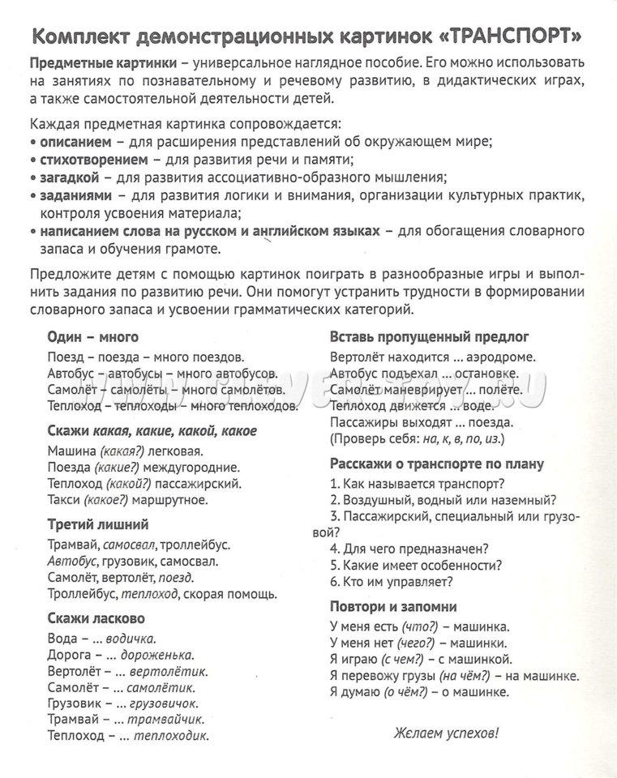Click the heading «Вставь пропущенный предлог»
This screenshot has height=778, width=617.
tap(430, 336)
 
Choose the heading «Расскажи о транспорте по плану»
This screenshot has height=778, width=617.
tap(437, 464)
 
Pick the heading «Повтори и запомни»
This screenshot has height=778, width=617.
tap(393, 606)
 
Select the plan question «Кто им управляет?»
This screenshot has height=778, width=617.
tap(397, 581)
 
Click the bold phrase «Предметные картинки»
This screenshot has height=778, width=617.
tap(103, 63)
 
